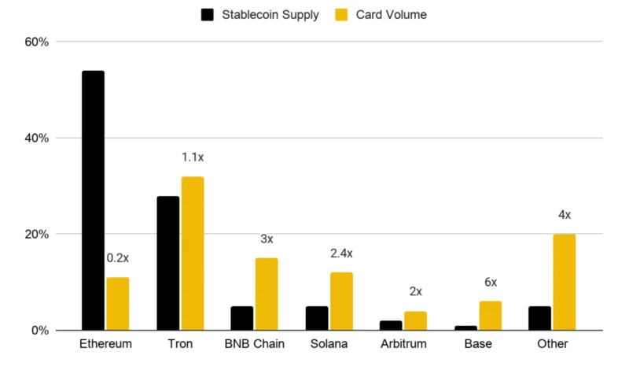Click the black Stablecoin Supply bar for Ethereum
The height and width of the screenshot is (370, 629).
tap(93, 201)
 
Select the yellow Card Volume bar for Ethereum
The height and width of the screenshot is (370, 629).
tap(118, 304)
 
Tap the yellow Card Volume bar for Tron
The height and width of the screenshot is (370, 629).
tap(193, 253)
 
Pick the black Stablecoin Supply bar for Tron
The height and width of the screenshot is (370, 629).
tap(168, 263)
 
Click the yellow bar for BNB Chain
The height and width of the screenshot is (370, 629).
tap(267, 294)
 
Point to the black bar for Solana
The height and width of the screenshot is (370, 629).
tap(317, 318)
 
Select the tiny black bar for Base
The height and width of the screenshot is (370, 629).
tap(465, 327)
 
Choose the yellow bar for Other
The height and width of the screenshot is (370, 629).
tap(565, 282)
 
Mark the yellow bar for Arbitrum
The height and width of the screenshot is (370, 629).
tap(416, 320)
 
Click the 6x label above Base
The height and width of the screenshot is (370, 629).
tap(491, 282)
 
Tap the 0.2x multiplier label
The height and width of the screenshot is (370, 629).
tap(117, 258)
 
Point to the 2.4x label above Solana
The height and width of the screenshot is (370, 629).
tap(341, 253)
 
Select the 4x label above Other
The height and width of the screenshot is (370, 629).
tap(565, 215)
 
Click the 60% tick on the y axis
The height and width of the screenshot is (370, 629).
tap(36, 42)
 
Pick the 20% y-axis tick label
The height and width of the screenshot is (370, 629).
tap(36, 235)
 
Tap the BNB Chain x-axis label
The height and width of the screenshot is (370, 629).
tap(254, 344)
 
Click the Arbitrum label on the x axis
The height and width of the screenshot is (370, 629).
tap(403, 344)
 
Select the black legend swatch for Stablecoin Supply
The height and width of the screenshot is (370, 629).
tap(208, 15)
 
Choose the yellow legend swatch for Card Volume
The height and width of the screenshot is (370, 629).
tap(341, 15)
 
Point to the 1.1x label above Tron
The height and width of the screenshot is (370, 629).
tap(193, 157)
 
